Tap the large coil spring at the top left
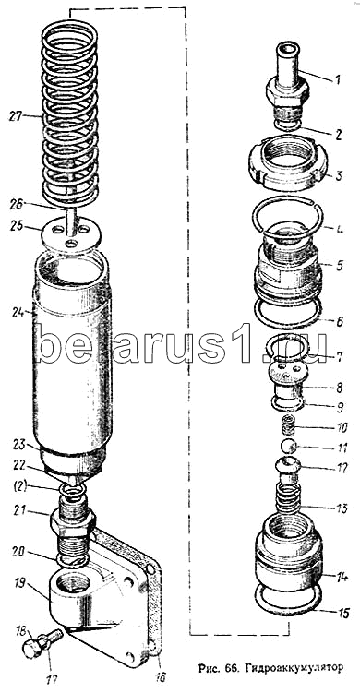[x=69, y=114]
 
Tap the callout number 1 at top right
[x=337, y=80]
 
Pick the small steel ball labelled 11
[x=290, y=447]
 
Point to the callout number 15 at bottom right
[x=343, y=613]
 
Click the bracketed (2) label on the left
[x=20, y=486]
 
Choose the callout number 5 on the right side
[x=340, y=267]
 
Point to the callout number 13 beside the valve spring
[x=341, y=508]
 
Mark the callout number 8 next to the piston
[x=339, y=388]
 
